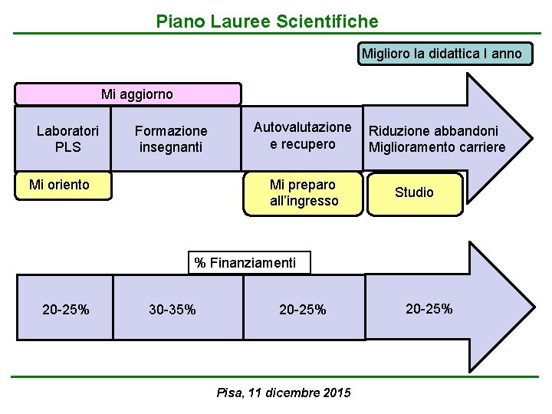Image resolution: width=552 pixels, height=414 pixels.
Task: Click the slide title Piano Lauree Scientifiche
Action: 267,21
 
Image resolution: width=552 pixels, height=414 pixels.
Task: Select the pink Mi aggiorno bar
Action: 129,94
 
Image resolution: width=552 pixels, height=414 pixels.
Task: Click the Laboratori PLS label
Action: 67,138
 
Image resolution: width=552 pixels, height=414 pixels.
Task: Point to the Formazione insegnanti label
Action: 170,139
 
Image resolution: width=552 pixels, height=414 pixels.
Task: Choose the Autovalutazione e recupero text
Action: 302,135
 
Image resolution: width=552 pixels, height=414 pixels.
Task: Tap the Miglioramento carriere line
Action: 437,147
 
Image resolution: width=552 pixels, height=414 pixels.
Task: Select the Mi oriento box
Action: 59,185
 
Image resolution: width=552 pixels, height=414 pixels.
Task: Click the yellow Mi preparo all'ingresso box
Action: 304,193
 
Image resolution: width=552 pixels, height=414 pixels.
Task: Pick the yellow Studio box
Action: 414,192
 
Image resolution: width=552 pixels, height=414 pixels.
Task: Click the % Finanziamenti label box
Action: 245,263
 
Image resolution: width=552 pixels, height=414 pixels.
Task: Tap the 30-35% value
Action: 172,310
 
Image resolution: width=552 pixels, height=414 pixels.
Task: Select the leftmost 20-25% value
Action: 65,310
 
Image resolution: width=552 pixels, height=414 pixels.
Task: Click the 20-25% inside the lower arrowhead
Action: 429,309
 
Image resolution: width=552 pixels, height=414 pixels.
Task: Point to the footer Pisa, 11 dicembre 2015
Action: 284,393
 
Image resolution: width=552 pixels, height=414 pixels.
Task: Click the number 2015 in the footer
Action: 337,393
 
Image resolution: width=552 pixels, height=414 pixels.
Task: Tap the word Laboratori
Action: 67,131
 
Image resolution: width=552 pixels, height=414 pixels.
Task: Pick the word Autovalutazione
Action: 302,127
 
